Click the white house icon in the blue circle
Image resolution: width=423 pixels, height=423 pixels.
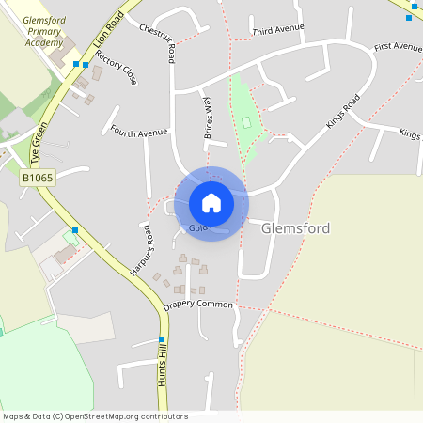[x=211, y=203]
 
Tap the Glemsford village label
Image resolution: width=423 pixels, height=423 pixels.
[x=295, y=228]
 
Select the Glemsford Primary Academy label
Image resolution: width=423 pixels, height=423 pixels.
[x=31, y=30]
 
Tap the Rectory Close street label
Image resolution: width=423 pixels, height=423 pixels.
[x=116, y=68]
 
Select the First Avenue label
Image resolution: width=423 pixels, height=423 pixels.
[x=398, y=46]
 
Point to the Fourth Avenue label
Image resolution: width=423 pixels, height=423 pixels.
[x=138, y=133]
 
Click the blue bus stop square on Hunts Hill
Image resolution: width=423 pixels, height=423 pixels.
[x=162, y=339]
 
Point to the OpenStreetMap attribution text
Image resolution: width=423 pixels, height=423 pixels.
[x=83, y=416]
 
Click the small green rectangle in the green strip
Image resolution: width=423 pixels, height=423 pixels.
[x=246, y=122]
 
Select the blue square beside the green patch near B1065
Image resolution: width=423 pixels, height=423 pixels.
[x=75, y=230]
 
